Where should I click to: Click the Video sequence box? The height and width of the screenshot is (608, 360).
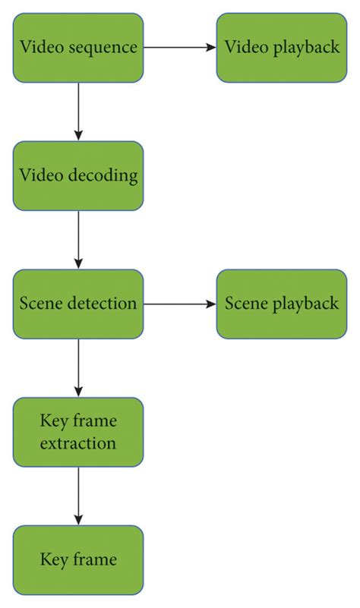[77, 47]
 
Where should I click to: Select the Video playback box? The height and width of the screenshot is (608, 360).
[281, 47]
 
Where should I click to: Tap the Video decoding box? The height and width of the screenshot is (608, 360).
[77, 175]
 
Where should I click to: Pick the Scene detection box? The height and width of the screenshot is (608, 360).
[77, 304]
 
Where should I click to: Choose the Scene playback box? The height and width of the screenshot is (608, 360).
[281, 304]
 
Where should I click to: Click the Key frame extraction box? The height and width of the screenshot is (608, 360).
[77, 432]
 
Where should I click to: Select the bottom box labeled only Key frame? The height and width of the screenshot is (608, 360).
[77, 560]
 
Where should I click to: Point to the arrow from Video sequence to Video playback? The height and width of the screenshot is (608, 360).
[179, 47]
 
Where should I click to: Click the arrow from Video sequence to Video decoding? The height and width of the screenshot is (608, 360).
[77, 111]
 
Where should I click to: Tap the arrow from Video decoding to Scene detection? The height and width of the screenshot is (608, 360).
[77, 239]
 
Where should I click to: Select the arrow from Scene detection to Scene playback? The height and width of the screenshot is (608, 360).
[179, 304]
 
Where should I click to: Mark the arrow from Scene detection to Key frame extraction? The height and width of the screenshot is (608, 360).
[77, 367]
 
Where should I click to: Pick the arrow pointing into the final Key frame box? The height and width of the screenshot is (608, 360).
[77, 496]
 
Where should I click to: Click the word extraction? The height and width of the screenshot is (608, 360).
[78, 443]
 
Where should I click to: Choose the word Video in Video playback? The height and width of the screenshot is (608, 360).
[243, 47]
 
